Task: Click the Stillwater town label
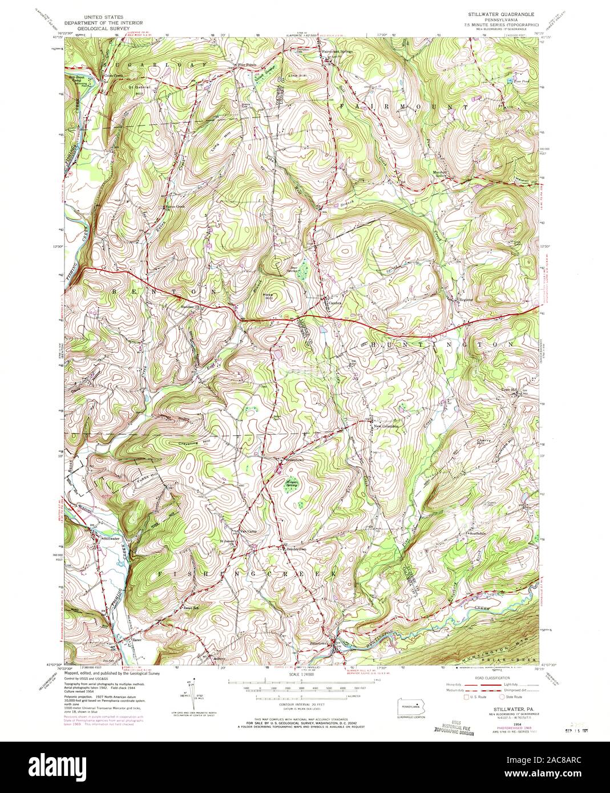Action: click(111, 538)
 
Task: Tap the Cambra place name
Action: click(335, 303)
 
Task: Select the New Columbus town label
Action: click(386, 426)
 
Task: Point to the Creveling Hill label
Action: click(179, 443)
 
